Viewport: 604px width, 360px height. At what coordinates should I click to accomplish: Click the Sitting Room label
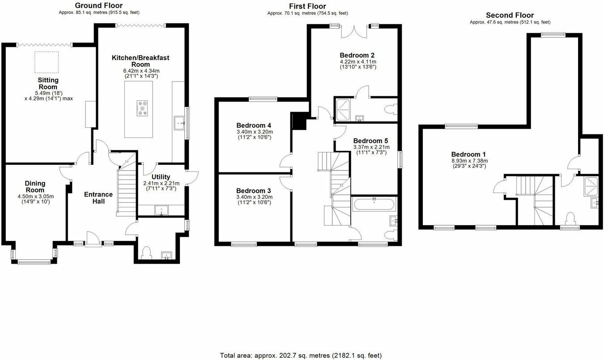[x=48, y=83]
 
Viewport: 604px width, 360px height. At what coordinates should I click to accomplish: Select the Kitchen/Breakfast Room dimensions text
[x=141, y=73]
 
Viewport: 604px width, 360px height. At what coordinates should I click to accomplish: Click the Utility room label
[x=161, y=177]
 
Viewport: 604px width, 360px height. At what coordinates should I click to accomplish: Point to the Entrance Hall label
[x=98, y=198]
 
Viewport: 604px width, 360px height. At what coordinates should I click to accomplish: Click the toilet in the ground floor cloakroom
[x=146, y=253]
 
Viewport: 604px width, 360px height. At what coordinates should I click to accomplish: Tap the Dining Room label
[x=34, y=186]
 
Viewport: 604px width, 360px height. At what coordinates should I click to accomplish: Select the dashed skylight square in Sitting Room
[x=47, y=62]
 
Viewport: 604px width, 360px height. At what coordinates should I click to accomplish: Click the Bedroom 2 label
[x=357, y=56]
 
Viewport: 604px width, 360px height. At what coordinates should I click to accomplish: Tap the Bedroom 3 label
[x=254, y=190]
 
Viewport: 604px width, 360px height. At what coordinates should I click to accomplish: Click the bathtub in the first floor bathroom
[x=374, y=205]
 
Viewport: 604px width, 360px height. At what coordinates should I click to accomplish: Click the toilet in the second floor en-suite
[x=570, y=219]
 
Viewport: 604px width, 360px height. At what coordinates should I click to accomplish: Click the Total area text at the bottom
[x=301, y=355]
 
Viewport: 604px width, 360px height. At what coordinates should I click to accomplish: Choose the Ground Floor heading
[x=98, y=5]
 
